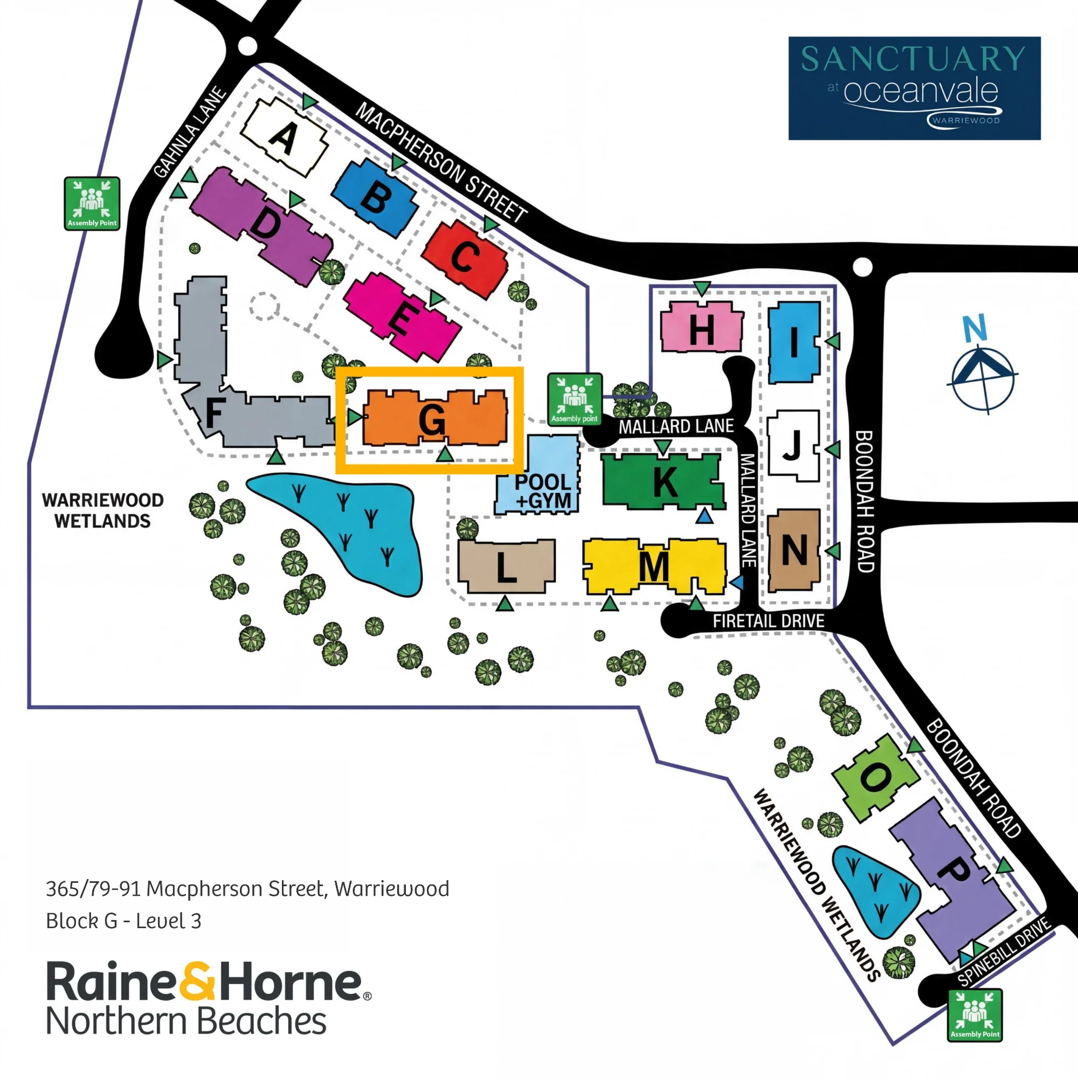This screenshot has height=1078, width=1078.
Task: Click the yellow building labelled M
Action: [654, 567]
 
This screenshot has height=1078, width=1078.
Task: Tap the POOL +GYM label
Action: [543, 491]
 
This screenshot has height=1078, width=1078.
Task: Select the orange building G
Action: [434, 417]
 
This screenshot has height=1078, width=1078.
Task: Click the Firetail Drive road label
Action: [768, 620]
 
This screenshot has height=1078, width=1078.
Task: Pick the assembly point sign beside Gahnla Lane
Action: [92, 204]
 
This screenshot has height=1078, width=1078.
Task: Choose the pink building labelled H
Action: [702, 327]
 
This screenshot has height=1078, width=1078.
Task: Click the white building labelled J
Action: [793, 445]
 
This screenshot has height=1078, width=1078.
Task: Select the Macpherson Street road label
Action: [441, 162]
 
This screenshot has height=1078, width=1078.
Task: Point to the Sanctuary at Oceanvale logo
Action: [914, 88]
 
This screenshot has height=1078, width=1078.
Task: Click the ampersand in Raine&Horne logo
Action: [197, 981]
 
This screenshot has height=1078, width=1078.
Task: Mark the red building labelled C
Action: [464, 258]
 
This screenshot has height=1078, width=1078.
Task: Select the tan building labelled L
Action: [506, 566]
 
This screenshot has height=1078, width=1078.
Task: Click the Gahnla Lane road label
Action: [190, 133]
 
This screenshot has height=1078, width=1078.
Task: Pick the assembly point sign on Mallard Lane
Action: [575, 399]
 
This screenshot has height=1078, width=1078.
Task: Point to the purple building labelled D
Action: [262, 226]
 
